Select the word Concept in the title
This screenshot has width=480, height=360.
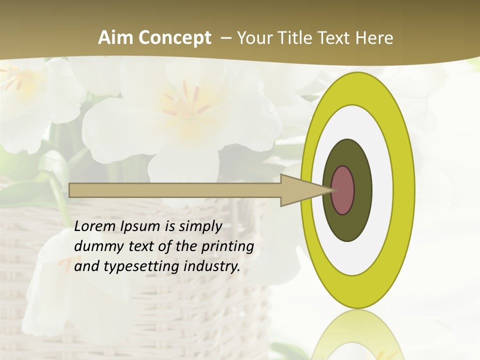click(175, 38)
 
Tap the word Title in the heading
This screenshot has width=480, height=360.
click(295, 38)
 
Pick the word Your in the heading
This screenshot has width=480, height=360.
click(255, 38)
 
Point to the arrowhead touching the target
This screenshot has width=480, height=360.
click(305, 190)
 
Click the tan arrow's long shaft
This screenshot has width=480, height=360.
click(175, 190)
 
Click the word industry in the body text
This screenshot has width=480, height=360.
click(212, 267)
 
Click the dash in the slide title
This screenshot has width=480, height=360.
click(225, 38)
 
